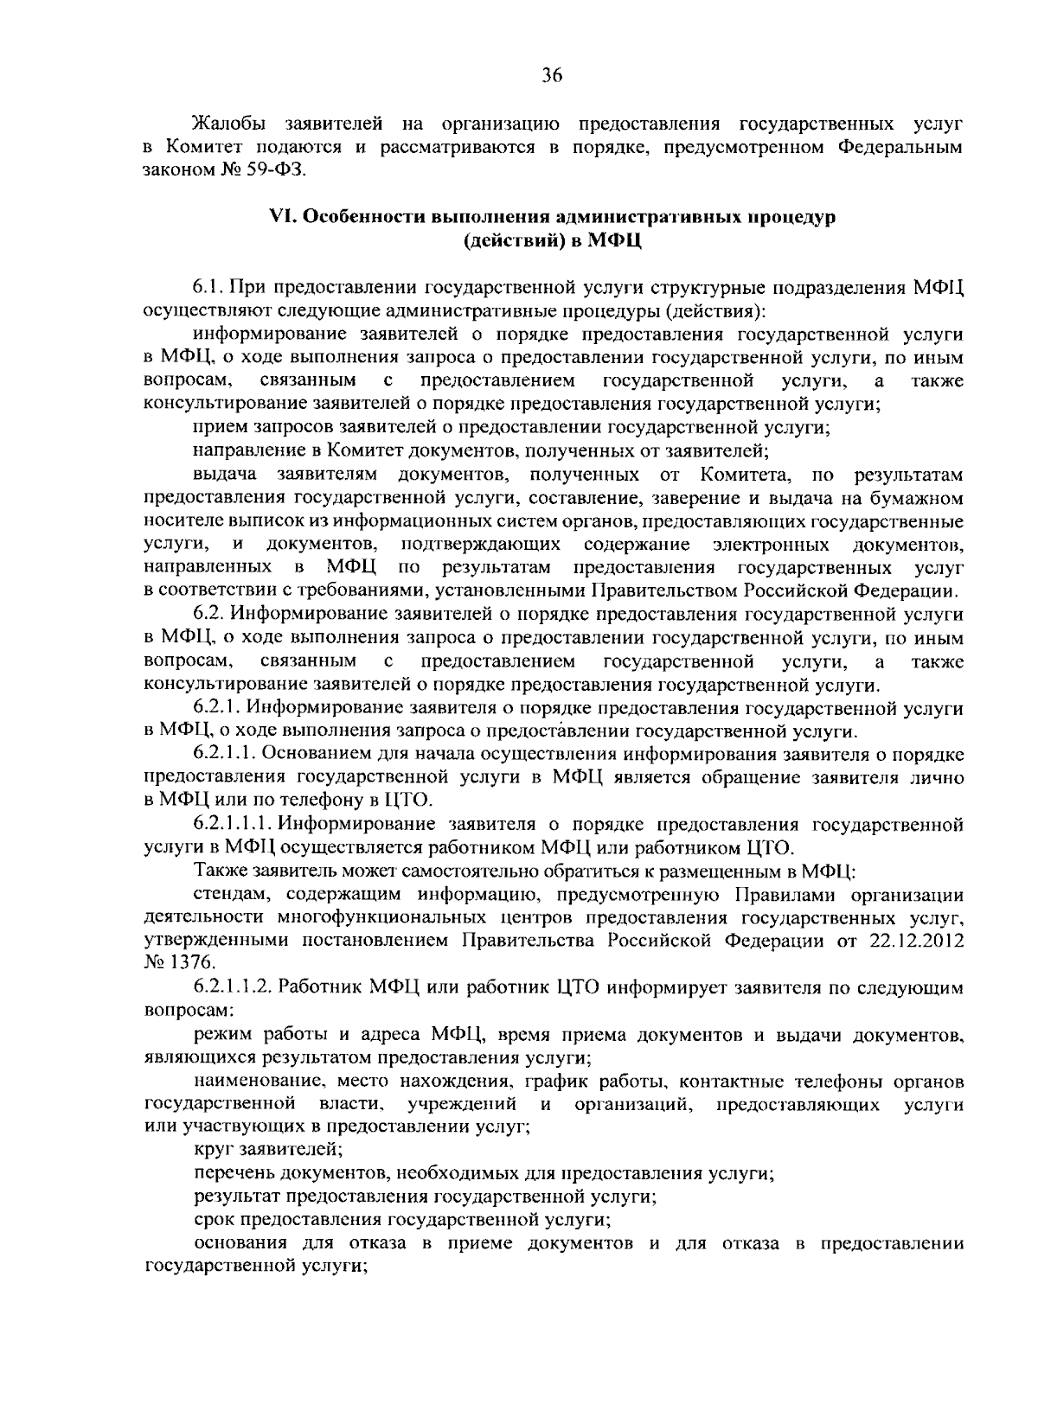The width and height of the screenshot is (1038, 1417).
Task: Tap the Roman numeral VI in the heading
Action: coord(284,217)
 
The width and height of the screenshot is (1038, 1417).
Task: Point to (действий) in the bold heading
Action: coord(511,240)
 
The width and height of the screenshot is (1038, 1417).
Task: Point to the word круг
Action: coord(213,1150)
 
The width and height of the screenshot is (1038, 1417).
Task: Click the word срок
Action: coord(213,1220)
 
